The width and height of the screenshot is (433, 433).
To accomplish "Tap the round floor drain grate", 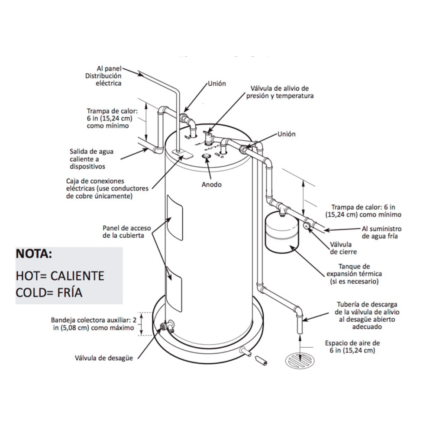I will (299, 360).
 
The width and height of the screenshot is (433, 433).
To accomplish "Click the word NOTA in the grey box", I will (34, 254).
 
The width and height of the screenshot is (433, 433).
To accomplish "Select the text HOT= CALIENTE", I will (60, 275).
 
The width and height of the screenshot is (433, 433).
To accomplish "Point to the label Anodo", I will (211, 184).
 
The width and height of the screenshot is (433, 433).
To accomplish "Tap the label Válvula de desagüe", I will (103, 358).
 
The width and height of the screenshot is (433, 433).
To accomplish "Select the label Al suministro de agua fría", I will (381, 233).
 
